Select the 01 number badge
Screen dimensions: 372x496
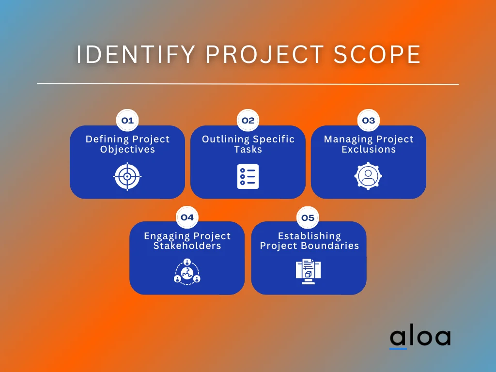click(x=127, y=121)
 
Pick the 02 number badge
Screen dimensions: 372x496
click(x=248, y=121)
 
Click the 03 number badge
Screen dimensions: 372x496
click(x=369, y=121)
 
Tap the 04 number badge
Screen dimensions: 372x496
click(x=187, y=217)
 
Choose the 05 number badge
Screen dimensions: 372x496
click(x=308, y=217)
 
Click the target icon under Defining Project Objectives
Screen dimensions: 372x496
click(x=127, y=176)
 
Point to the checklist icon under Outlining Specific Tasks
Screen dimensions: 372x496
click(x=248, y=176)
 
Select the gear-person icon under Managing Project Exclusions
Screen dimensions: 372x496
click(x=369, y=176)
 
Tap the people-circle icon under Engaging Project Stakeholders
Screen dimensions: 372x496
click(x=187, y=271)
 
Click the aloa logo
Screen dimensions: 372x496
click(x=420, y=338)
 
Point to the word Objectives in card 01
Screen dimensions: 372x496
click(x=127, y=150)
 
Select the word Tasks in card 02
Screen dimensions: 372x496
click(x=248, y=150)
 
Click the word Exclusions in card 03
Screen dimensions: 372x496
click(x=369, y=150)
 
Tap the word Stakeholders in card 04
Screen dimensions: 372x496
click(x=187, y=246)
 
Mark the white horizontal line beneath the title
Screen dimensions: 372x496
click(x=248, y=84)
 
